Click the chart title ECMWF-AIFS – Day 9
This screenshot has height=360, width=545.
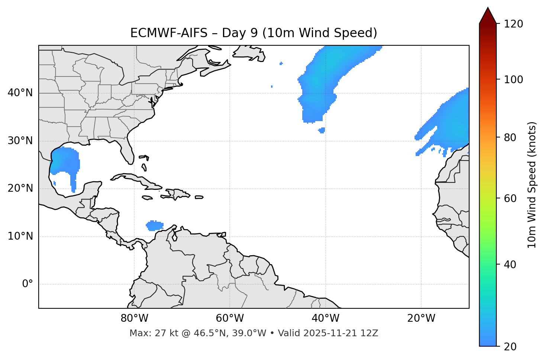[254, 33]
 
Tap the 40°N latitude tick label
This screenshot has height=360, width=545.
[20, 93]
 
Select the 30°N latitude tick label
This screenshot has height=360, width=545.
[20, 141]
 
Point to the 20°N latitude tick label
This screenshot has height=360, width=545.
[20, 188]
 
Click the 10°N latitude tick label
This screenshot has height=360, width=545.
[20, 236]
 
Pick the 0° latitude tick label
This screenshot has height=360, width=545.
[28, 284]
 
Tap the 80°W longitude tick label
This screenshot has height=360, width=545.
[134, 318]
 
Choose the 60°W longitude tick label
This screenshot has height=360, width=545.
[230, 318]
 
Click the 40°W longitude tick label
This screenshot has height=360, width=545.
[326, 318]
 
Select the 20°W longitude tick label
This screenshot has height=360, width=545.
[421, 318]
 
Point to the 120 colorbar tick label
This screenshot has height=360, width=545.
[513, 24]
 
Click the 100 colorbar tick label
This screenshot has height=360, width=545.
[513, 80]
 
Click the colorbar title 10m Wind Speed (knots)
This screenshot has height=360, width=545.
[532, 185]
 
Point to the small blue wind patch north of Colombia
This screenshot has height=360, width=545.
[154, 225]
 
